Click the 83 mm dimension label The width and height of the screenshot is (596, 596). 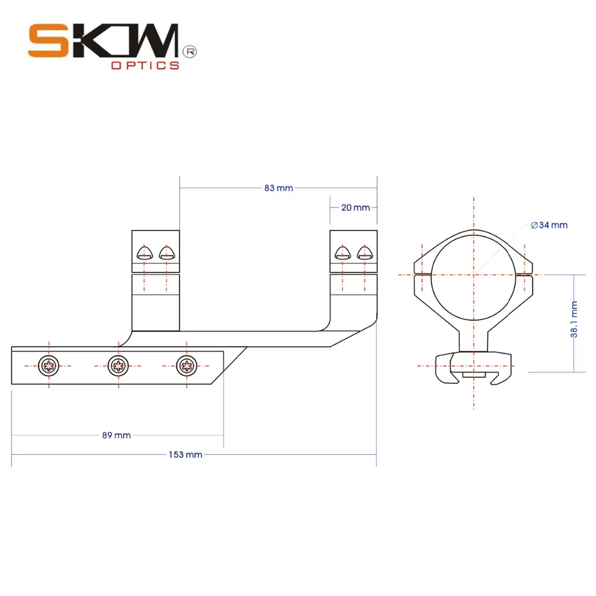278,188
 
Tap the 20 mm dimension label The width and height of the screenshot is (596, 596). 355,208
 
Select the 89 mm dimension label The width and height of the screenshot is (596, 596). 116,436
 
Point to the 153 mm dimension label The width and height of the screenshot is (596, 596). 185,455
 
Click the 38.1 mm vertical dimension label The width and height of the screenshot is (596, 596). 575,320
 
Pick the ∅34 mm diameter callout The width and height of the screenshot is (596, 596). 549,225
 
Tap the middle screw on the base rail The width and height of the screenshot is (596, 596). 118,364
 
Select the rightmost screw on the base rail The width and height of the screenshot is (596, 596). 187,364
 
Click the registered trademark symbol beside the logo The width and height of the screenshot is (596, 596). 191,52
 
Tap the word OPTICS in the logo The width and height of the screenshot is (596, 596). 145,66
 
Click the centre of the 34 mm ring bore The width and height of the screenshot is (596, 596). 473,275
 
